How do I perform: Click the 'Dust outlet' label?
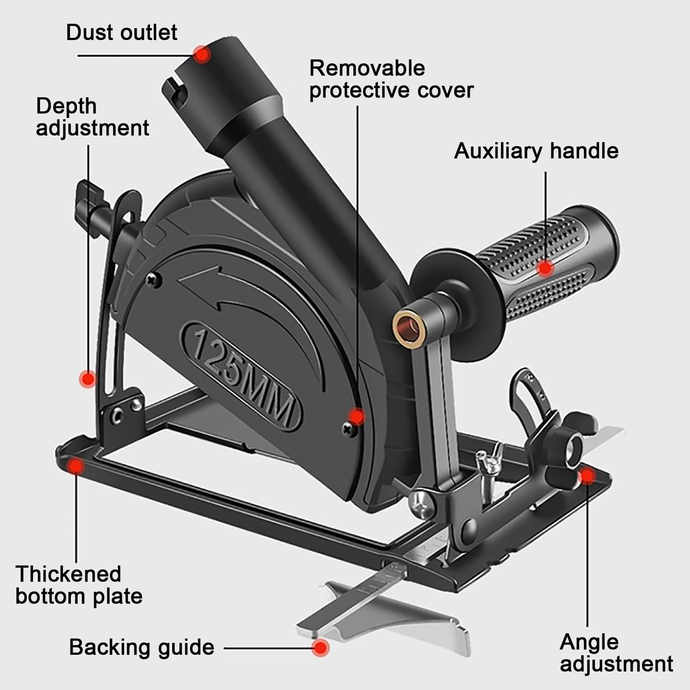tap(121, 33)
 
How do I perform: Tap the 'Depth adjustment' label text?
tap(92, 117)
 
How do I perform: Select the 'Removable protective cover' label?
tap(391, 79)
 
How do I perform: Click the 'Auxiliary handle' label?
tap(536, 151)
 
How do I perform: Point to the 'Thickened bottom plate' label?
tap(79, 585)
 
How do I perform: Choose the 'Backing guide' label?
tap(142, 647)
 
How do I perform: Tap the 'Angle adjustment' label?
tap(617, 653)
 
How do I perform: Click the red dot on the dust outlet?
tap(202, 54)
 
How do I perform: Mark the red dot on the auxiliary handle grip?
tap(546, 268)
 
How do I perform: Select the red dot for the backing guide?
tap(322, 648)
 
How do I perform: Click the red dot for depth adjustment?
tap(88, 378)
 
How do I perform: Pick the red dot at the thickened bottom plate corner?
tap(76, 466)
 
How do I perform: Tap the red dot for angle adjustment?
tap(587, 476)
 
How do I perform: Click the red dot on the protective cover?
tap(356, 416)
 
